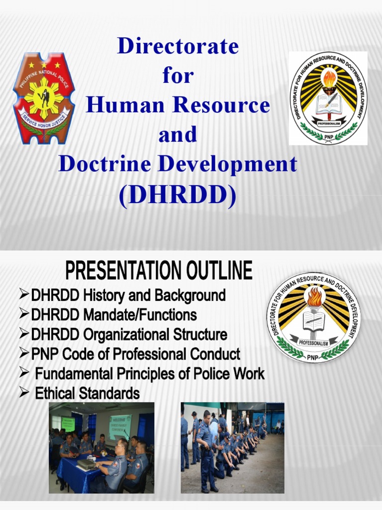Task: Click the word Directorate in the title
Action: click(x=178, y=46)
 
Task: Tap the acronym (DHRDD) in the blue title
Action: click(x=178, y=196)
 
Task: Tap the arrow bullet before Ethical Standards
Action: click(x=24, y=393)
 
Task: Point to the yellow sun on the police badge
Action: click(x=44, y=97)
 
